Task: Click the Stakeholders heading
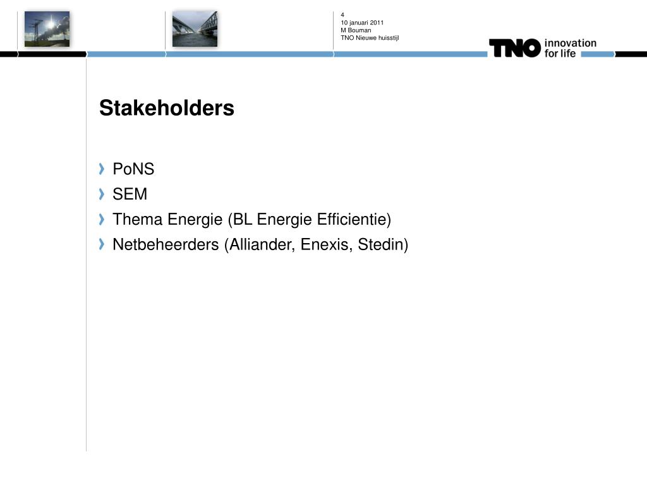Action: click(x=167, y=108)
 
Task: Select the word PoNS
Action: click(x=133, y=169)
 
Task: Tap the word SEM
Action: click(x=130, y=195)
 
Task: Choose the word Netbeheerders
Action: click(x=166, y=244)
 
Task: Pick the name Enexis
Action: click(x=327, y=245)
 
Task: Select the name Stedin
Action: click(x=380, y=244)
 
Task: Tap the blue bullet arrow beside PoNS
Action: click(x=102, y=169)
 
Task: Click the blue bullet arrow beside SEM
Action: click(x=102, y=194)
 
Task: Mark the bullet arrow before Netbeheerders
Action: click(x=102, y=244)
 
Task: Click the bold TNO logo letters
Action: click(x=514, y=48)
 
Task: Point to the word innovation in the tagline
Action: click(x=571, y=43)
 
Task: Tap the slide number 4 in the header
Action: click(x=342, y=15)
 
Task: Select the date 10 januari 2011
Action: click(x=362, y=23)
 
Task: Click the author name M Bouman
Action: click(x=356, y=30)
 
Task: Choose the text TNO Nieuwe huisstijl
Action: click(x=370, y=38)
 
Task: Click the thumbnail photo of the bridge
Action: click(x=195, y=29)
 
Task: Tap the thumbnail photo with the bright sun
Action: click(x=47, y=29)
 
